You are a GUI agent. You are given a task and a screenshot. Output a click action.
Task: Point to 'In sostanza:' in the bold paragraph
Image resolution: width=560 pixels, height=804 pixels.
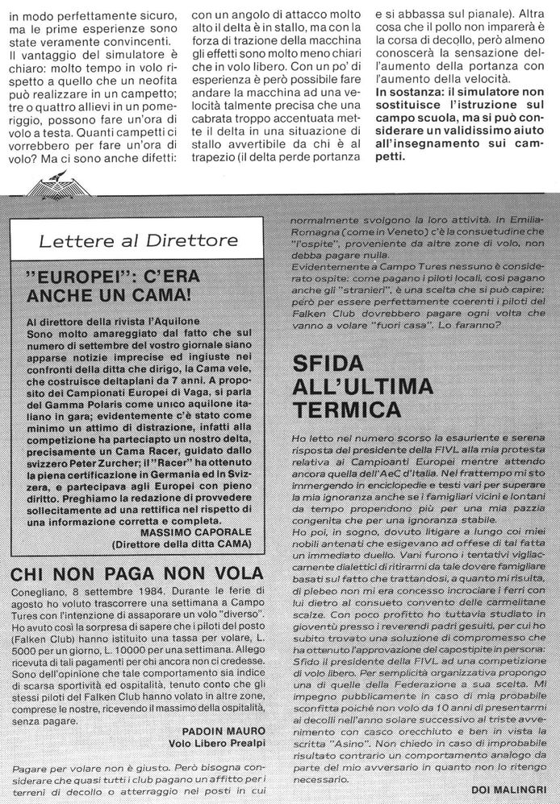tap(408, 95)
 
